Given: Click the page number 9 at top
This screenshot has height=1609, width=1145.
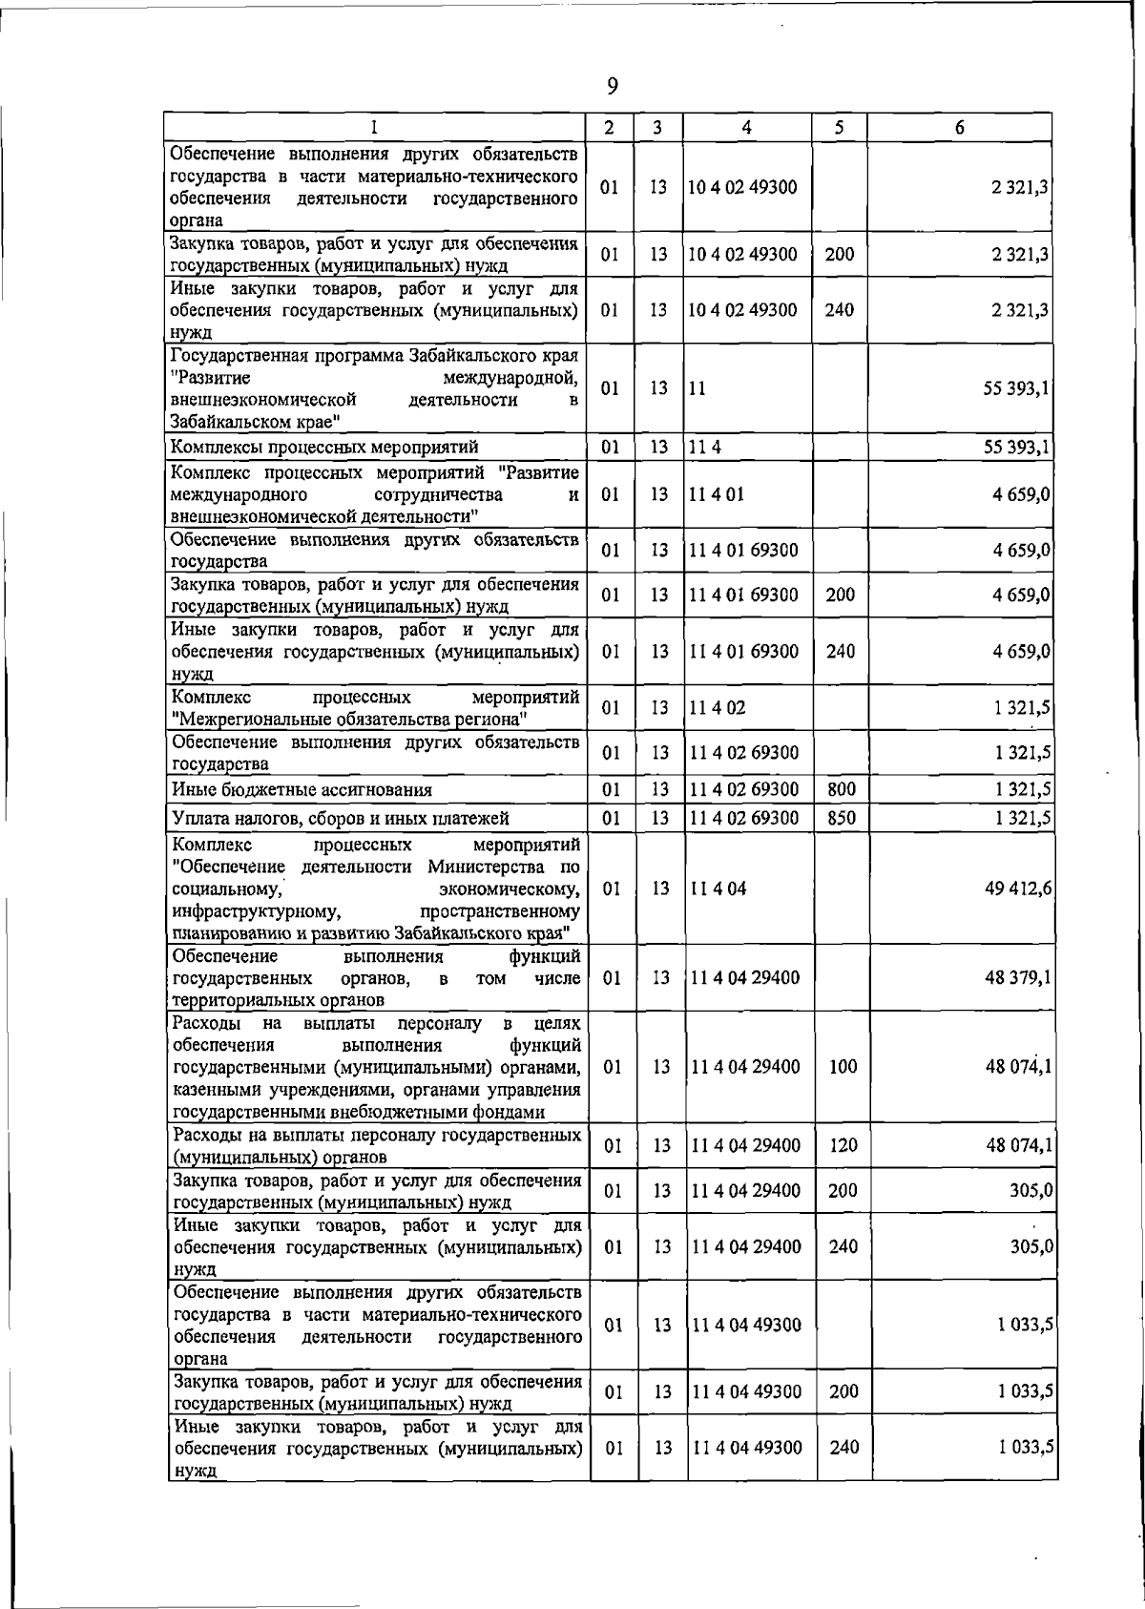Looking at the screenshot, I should tap(612, 87).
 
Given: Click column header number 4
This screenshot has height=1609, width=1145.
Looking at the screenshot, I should tap(747, 127).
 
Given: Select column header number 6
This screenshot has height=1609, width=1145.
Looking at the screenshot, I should tap(959, 127).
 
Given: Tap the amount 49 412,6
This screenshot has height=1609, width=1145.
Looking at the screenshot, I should tap(1019, 888).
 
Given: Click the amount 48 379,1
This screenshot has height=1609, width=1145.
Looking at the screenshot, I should tap(1019, 977).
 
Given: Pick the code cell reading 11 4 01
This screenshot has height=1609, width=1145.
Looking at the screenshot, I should tap(710, 494).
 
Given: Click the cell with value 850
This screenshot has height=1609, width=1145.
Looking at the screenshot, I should tap(841, 818).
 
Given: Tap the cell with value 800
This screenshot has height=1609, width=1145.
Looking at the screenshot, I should tap(841, 789).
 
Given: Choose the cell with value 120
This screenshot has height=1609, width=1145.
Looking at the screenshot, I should tap(843, 1145).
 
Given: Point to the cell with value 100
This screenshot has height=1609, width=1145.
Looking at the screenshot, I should tap(843, 1067).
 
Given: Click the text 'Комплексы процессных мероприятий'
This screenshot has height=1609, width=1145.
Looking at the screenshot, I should tap(324, 447).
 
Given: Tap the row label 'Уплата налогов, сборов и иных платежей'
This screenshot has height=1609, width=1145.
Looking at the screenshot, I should tap(341, 819).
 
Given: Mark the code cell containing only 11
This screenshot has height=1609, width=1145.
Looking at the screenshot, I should tap(697, 389).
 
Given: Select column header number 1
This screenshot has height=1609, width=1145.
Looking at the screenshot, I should tap(374, 127).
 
